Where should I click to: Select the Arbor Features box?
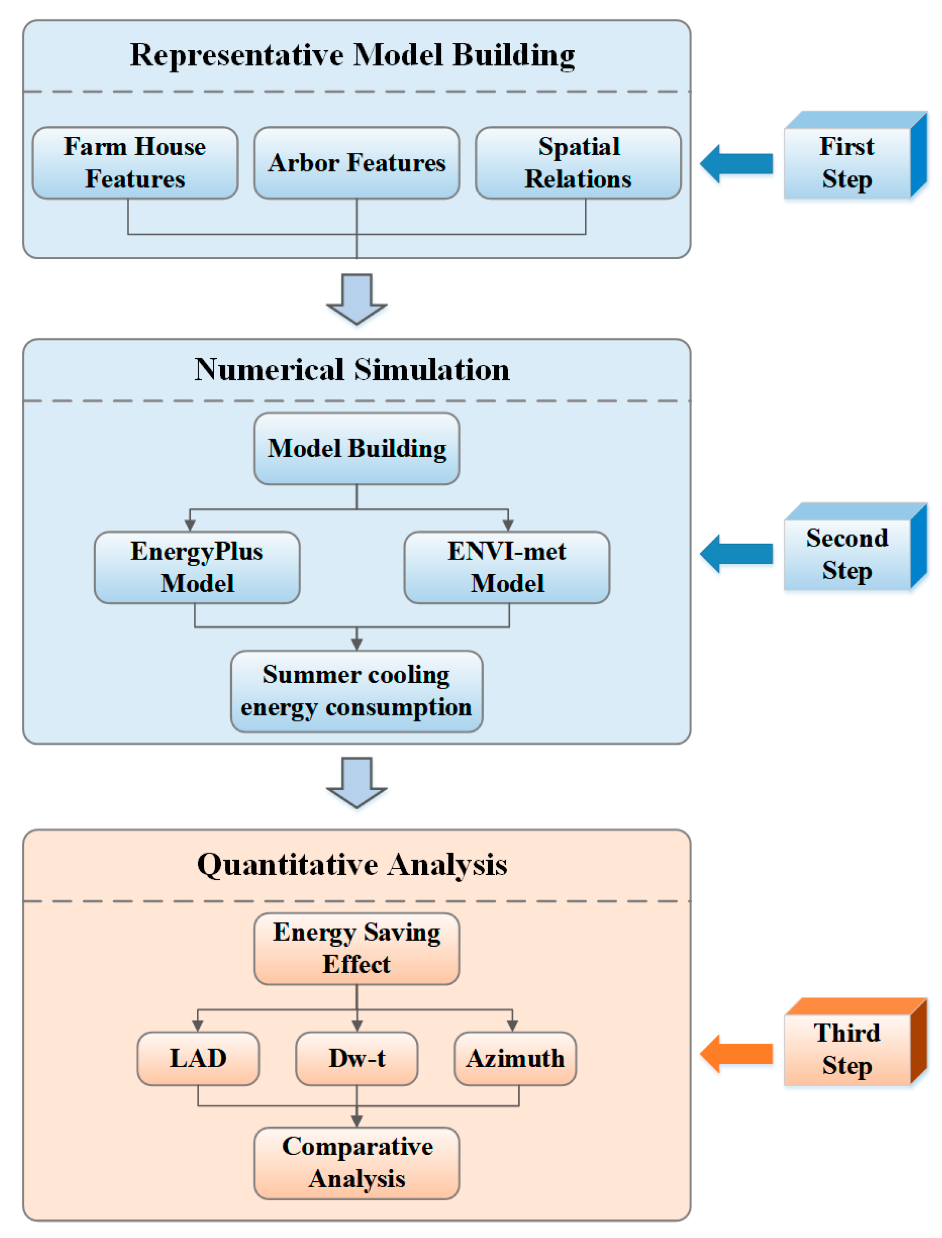click(357, 163)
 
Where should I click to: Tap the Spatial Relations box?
click(578, 163)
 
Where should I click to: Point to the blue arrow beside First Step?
click(736, 164)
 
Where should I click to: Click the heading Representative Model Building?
click(352, 55)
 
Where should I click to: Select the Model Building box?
click(357, 449)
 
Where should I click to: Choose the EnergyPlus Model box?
click(197, 567)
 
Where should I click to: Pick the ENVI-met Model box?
click(507, 567)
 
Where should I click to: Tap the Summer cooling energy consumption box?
click(357, 691)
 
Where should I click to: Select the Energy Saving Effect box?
click(357, 949)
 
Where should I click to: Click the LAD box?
click(198, 1059)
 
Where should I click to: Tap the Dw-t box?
click(357, 1059)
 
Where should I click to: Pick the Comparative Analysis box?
click(357, 1163)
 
